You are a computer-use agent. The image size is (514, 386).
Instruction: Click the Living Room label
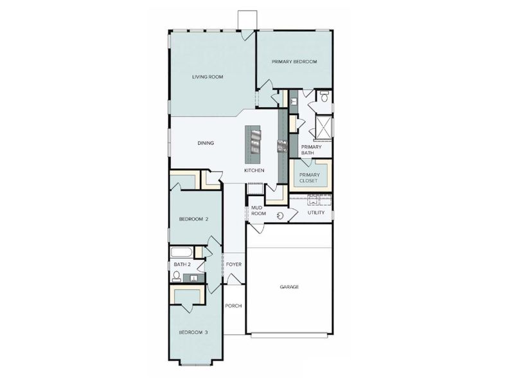(x=207, y=77)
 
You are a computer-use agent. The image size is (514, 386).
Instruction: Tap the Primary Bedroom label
(x=294, y=61)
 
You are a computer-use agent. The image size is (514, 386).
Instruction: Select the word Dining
(x=206, y=143)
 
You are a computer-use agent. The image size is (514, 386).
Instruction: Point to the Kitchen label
(x=254, y=170)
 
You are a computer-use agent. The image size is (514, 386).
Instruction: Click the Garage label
(x=289, y=287)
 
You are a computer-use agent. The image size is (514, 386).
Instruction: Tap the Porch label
(x=233, y=306)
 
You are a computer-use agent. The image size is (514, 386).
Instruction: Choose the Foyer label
(x=233, y=264)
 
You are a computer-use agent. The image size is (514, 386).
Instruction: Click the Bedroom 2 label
(x=193, y=219)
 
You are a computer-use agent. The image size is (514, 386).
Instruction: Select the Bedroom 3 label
(x=193, y=332)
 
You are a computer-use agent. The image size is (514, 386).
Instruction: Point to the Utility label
(x=316, y=212)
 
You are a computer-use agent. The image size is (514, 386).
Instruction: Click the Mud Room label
(x=258, y=211)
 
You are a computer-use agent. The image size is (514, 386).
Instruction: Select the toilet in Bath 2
(x=176, y=277)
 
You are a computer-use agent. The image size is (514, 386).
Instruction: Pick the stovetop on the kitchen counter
(x=281, y=146)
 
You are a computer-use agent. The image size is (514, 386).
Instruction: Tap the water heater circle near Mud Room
(x=280, y=214)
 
